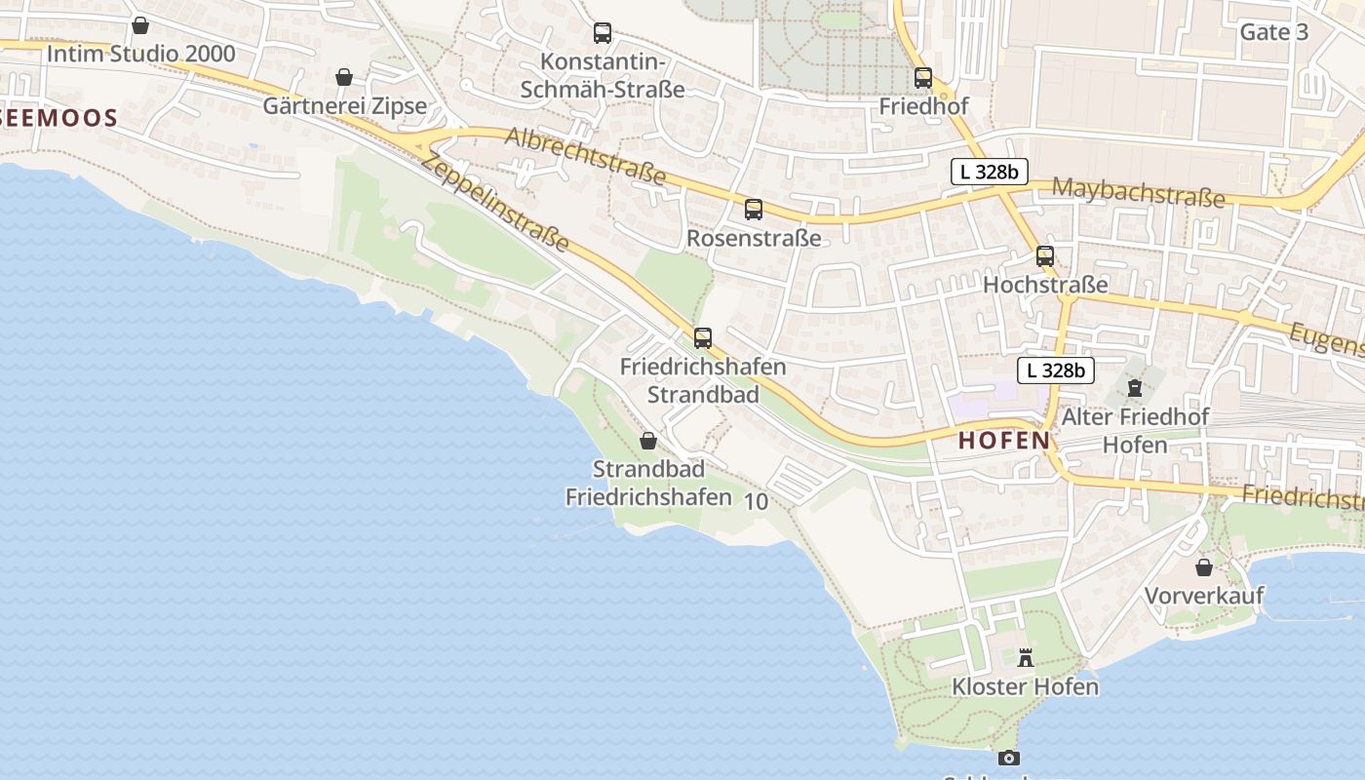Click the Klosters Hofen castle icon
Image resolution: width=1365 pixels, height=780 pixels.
coord(1025,658)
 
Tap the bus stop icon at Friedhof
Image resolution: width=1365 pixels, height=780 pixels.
coord(922,78)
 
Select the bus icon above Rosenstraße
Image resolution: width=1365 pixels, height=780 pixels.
coord(753,209)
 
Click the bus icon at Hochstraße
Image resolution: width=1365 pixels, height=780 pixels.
coord(1045,256)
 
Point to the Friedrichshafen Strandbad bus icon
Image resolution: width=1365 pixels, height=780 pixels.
coord(702,338)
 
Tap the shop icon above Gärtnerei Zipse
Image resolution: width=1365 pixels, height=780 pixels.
coord(344,77)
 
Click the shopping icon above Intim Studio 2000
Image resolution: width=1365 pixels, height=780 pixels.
coord(140,25)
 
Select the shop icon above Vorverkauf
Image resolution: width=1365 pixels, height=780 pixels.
coord(1204,566)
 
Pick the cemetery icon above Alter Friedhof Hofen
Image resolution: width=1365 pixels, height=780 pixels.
coord(1135,388)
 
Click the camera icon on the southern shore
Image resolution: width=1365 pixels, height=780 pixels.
coord(1008,758)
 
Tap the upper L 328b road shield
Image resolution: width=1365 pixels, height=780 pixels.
coord(989,172)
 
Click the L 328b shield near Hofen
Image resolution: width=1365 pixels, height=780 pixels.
coord(1056,370)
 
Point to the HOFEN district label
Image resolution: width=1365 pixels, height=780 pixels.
coord(1004,441)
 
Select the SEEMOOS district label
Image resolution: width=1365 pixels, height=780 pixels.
coord(58,119)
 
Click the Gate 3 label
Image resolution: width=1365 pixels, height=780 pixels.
coord(1273,32)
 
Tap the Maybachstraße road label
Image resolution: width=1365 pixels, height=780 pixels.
coord(1138,192)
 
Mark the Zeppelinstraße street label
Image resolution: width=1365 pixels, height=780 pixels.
coord(494,204)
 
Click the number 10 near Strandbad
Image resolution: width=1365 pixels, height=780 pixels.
coord(756,502)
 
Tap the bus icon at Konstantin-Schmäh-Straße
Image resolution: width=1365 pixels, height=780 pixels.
coord(603,33)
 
